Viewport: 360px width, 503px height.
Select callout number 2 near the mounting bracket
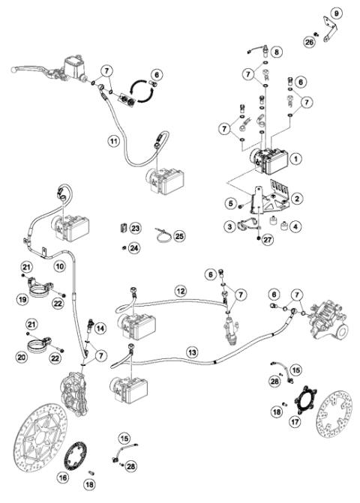[x=297, y=198]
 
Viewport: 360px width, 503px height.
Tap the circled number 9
[x=336, y=13]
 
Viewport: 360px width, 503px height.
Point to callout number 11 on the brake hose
[x=114, y=140]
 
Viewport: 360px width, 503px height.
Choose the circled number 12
[x=180, y=290]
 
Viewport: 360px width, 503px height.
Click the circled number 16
[x=63, y=477]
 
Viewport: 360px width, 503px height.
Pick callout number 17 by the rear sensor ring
[x=293, y=422]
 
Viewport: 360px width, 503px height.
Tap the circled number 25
[x=180, y=237]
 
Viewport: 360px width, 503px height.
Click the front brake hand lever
[x=30, y=69]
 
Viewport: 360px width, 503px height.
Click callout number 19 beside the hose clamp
[x=25, y=301]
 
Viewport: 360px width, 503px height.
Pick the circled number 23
[x=135, y=227]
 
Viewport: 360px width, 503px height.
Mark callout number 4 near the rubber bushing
[x=296, y=225]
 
